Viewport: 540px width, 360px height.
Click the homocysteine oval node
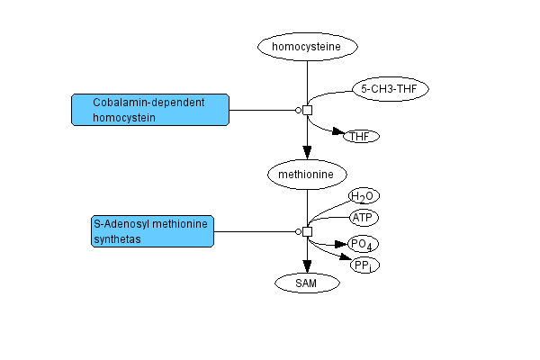click(308, 46)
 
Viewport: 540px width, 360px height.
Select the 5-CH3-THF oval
click(390, 88)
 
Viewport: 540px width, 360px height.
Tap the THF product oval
click(360, 136)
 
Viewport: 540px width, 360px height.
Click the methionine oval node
click(307, 171)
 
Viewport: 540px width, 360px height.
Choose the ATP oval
click(364, 218)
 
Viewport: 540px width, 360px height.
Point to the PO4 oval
click(364, 244)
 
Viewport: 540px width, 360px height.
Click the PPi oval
click(364, 265)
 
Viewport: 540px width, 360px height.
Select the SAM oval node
click(307, 283)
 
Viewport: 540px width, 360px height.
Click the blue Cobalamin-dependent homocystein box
click(150, 110)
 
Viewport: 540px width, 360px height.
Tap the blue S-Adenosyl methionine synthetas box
click(150, 230)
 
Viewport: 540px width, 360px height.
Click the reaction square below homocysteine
click(307, 110)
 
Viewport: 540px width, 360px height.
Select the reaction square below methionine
click(307, 231)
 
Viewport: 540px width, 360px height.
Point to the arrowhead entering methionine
click(307, 152)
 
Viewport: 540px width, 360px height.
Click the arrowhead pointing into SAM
click(307, 265)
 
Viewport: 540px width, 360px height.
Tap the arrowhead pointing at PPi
click(344, 260)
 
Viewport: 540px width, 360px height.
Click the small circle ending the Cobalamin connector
click(298, 110)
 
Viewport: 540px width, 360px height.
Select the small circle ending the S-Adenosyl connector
click(298, 231)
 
